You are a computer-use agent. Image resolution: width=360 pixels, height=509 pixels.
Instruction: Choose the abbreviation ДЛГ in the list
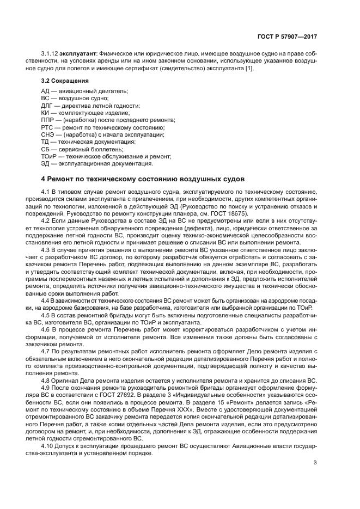coord(48,105)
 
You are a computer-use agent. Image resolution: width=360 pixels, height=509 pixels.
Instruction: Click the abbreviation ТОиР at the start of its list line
coord(49,156)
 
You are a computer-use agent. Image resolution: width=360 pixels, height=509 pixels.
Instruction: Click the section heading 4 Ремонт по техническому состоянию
coord(143,179)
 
